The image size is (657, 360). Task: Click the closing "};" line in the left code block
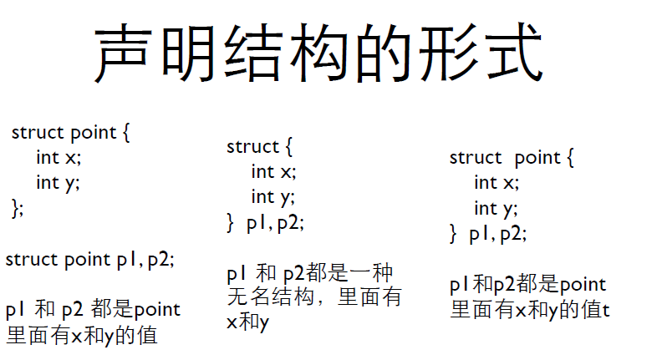(18, 207)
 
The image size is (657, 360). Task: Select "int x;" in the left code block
(59, 157)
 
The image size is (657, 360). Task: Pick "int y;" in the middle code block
(273, 197)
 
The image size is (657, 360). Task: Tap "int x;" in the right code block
(497, 182)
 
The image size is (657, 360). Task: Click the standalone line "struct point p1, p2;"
(90, 259)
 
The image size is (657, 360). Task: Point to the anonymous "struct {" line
(260, 147)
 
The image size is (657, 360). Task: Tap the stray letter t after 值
(606, 310)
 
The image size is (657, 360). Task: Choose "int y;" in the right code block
(497, 208)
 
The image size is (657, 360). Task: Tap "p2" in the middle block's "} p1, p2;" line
(290, 223)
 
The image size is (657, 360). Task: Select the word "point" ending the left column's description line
(157, 310)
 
